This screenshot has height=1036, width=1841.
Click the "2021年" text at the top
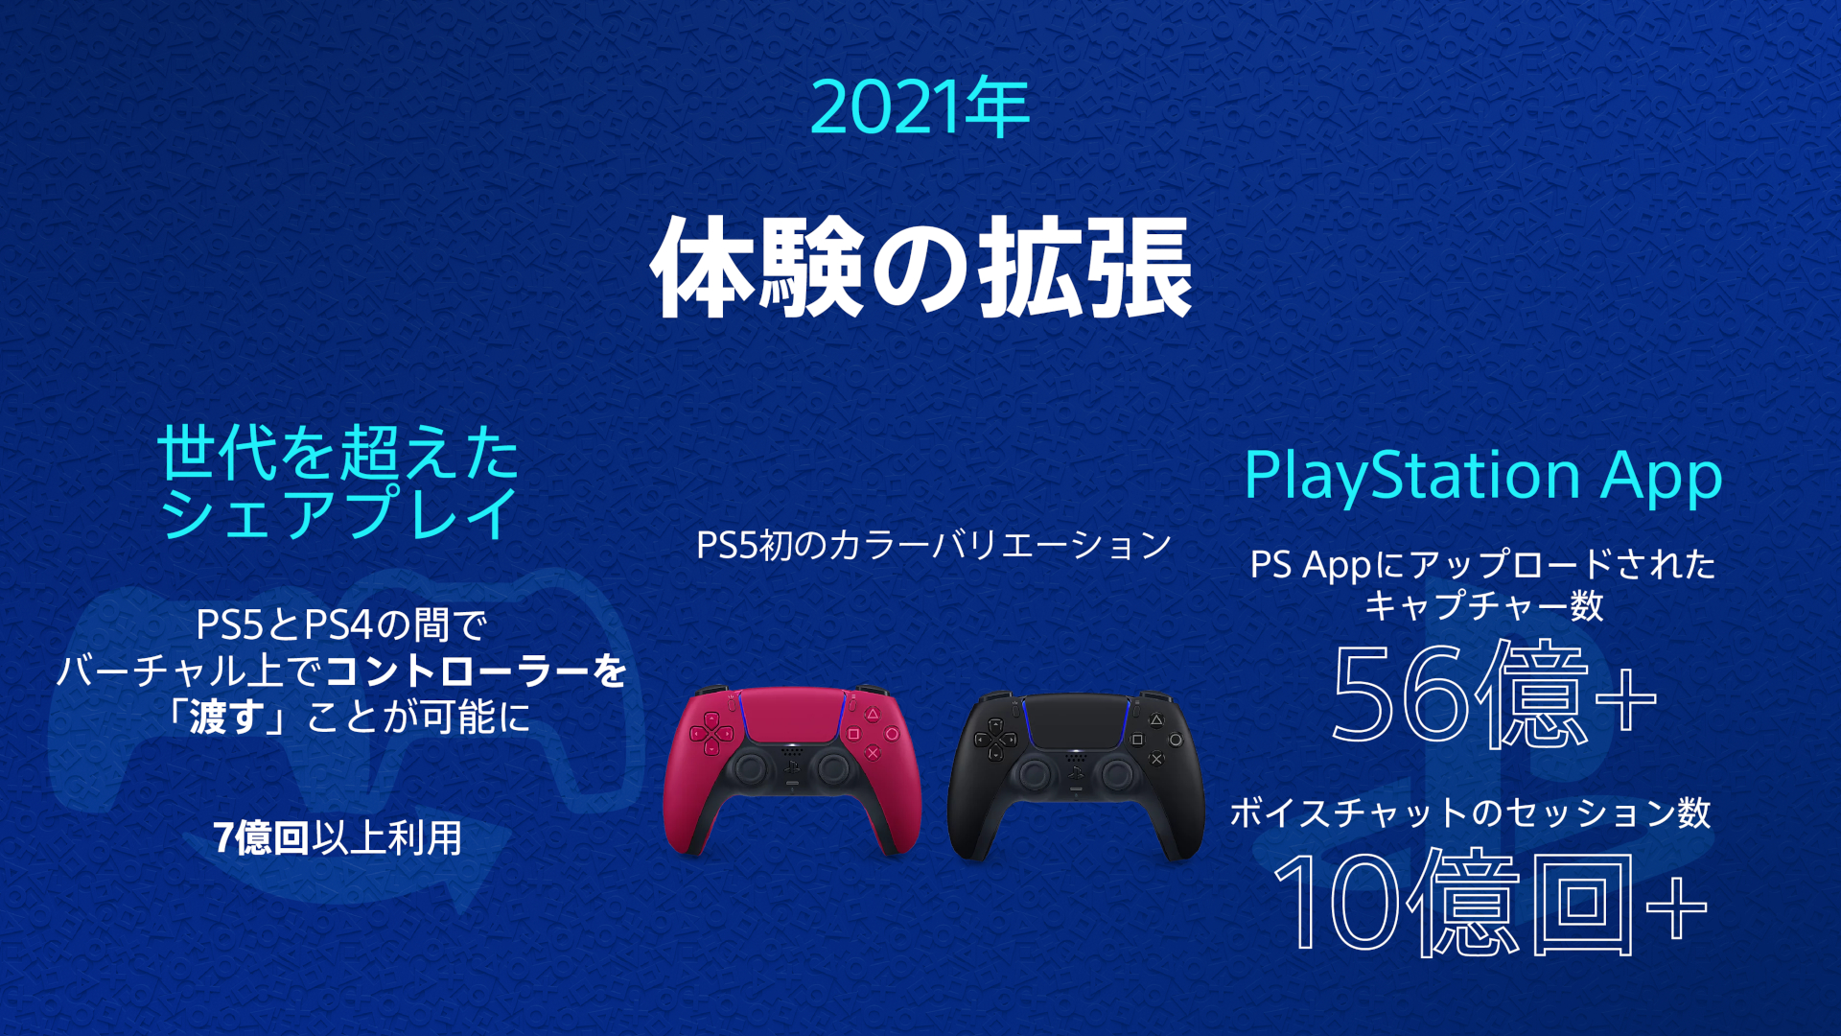coord(920,107)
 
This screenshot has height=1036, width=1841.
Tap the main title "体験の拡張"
coord(921,267)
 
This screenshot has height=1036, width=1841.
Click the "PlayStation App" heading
coord(1482,476)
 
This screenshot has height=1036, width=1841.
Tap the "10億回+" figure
coord(1488,902)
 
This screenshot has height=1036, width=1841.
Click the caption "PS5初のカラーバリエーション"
coord(934,545)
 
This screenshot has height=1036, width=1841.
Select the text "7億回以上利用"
coord(338,837)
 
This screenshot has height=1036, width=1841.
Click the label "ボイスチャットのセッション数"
coord(1470,812)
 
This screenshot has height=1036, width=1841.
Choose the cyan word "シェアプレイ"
coord(339,513)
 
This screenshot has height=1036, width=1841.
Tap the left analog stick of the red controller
coord(751,768)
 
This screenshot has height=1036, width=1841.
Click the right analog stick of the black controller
coord(1116,773)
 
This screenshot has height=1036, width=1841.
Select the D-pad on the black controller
coord(995,740)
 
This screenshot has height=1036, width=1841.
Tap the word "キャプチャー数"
coord(1483,605)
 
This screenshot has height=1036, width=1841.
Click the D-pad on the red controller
coord(711,734)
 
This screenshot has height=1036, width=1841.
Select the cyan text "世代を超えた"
coord(338,453)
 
